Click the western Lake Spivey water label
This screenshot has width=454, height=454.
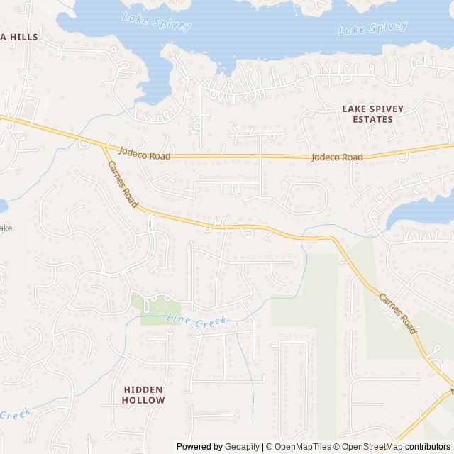pos(157,21)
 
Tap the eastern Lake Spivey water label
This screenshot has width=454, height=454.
pos(373,29)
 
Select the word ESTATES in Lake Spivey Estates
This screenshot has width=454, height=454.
pos(372,120)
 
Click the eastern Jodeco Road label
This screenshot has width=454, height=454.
pos(337,157)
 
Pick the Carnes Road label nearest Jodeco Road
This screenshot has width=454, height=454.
pos(122,184)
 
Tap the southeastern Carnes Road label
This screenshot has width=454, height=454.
pos(397,314)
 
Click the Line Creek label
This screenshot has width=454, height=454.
pos(196,321)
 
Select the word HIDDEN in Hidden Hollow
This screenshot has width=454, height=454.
pos(143,389)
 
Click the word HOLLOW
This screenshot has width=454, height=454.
pos(143,400)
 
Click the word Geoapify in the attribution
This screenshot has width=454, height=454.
pos(242,447)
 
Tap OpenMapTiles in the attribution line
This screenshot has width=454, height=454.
pos(302,447)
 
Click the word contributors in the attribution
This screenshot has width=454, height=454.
pos(428,447)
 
